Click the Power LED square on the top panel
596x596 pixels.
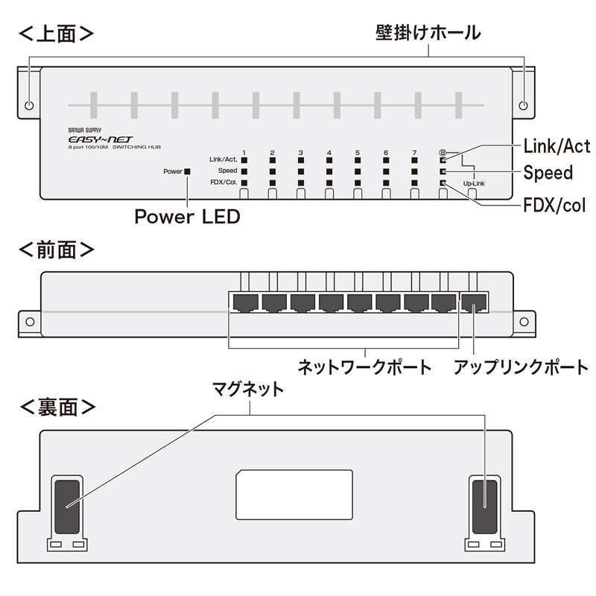pos(187,171)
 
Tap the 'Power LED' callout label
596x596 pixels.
pos(187,217)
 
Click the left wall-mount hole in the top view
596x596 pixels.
pos(29,105)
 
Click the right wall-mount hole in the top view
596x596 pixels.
pos(524,105)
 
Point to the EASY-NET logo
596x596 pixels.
pos(91,139)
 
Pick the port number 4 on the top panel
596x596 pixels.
pos(329,153)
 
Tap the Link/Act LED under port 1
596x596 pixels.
pos(244,159)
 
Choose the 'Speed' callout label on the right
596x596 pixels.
pos(548,173)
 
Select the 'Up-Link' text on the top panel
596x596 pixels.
pos(473,183)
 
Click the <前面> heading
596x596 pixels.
pos(57,250)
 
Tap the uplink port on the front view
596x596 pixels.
pos(474,302)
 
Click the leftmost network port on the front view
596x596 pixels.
pos(245,302)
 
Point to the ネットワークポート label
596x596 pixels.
pos(364,367)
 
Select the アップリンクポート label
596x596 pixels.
pos(521,367)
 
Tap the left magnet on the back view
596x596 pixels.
pos(66,506)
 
